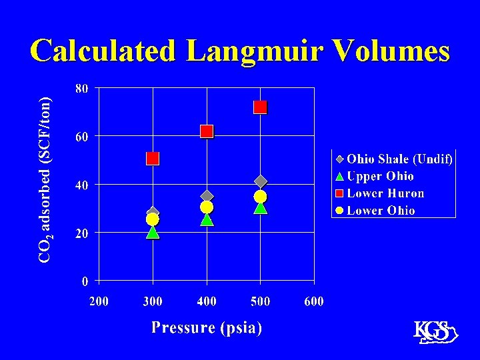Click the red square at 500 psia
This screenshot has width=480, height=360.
point(260,107)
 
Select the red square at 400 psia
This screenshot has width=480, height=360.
point(207,131)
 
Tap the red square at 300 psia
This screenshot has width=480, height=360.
point(153,158)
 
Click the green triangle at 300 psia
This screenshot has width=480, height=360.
point(153,232)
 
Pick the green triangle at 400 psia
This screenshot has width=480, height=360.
point(207,219)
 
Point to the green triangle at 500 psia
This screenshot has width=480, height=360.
point(260,208)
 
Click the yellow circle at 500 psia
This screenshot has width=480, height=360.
point(260,197)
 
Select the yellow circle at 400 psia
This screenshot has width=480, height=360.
point(207,207)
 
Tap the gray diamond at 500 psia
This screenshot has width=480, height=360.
point(261,181)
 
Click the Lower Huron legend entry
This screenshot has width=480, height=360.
point(385,193)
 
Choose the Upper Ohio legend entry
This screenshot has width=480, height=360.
point(380,176)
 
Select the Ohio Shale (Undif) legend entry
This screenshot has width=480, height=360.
point(399,159)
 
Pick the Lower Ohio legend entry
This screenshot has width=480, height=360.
point(381,211)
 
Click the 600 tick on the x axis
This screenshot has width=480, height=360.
point(314,301)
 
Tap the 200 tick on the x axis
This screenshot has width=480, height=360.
point(99,301)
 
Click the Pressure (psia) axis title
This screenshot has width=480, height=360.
point(207,327)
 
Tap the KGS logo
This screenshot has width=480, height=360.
point(434,333)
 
